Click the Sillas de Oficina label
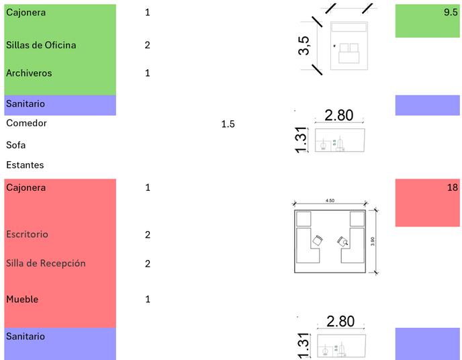(40, 45)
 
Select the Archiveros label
(28, 73)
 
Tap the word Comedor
(26, 123)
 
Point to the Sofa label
(15, 144)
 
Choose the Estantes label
(25, 165)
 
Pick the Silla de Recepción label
(46, 263)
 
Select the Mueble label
(22, 299)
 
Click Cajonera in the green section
(26, 13)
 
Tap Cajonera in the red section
(26, 187)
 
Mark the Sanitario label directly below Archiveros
(25, 103)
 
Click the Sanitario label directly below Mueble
(25, 336)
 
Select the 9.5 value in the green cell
(451, 13)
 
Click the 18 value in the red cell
(452, 187)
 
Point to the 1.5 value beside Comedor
(228, 124)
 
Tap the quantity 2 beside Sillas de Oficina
(147, 45)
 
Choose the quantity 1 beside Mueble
(148, 299)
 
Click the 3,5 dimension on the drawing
(304, 46)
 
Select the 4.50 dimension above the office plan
(330, 199)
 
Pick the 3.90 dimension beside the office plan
(381, 240)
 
